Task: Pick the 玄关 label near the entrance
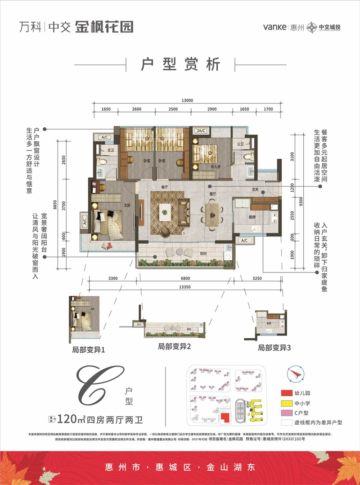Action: (255, 189)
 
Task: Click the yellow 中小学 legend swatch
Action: (287, 403)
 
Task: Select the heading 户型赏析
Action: (180, 64)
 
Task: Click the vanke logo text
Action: (275, 27)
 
